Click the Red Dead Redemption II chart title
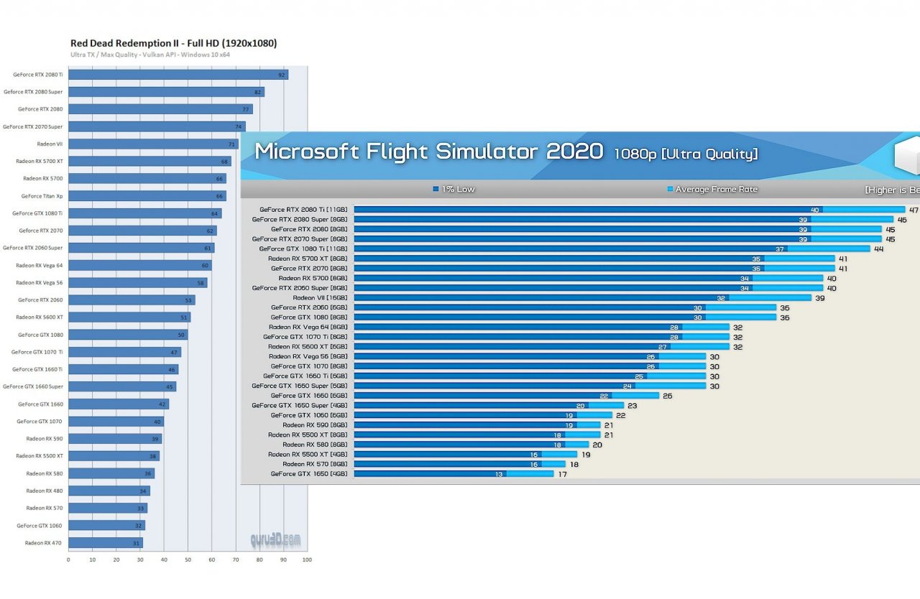pyautogui.click(x=173, y=43)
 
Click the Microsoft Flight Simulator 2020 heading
pyautogui.click(x=429, y=152)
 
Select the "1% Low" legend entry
pyautogui.click(x=454, y=190)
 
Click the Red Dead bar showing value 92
pyautogui.click(x=178, y=75)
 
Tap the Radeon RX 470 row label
pyautogui.click(x=43, y=543)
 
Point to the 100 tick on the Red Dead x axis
pyautogui.click(x=307, y=559)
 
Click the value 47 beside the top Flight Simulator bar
pyautogui.click(x=914, y=210)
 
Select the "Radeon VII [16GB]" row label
pyautogui.click(x=320, y=297)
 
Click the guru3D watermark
pyautogui.click(x=275, y=539)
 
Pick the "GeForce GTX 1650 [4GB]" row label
pyautogui.click(x=309, y=474)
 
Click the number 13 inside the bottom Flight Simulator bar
pyautogui.click(x=499, y=474)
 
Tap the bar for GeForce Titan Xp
pyautogui.click(x=147, y=196)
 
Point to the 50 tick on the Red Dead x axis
pyautogui.click(x=188, y=559)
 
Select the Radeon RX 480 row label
pyautogui.click(x=44, y=491)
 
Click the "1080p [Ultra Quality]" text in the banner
pyautogui.click(x=685, y=154)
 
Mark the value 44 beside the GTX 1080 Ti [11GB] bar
pyautogui.click(x=878, y=249)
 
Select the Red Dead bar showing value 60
pyautogui.click(x=140, y=266)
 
